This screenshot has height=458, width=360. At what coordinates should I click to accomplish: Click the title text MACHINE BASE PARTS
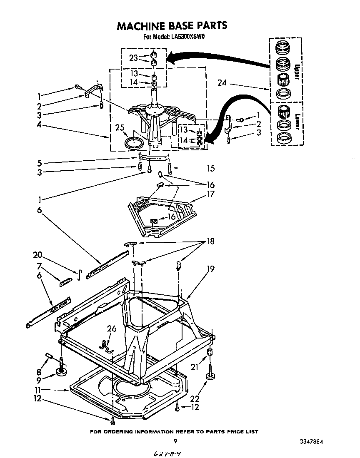pos(172,26)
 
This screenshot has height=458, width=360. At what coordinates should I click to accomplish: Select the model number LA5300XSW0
pos(187,37)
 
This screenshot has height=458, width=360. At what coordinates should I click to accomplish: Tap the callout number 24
pos(222,83)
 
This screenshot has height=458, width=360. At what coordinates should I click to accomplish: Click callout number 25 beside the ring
pos(120,128)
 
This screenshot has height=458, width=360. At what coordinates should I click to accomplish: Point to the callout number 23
pos(133,58)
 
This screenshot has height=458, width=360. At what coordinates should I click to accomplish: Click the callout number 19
pos(210,269)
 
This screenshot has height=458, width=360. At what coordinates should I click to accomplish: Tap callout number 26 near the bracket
pos(112,329)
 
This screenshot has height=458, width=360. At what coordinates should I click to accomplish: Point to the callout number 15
pos(210,169)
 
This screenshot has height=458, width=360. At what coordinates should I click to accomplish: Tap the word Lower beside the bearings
pos(297,122)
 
